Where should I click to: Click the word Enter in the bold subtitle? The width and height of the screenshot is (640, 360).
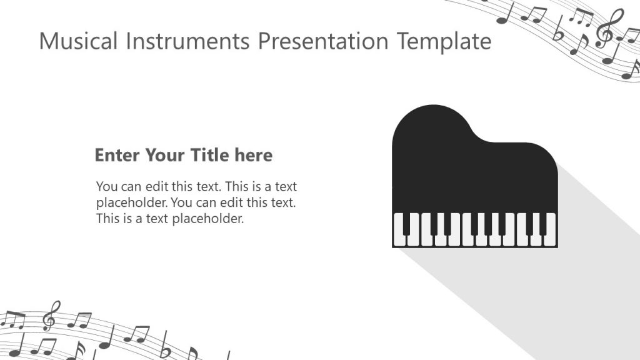pyautogui.click(x=117, y=155)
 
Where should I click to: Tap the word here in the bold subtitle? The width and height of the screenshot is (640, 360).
pyautogui.click(x=254, y=155)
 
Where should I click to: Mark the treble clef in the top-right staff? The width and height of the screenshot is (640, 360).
pyautogui.click(x=604, y=28)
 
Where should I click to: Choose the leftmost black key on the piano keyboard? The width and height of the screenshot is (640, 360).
pyautogui.click(x=405, y=224)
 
